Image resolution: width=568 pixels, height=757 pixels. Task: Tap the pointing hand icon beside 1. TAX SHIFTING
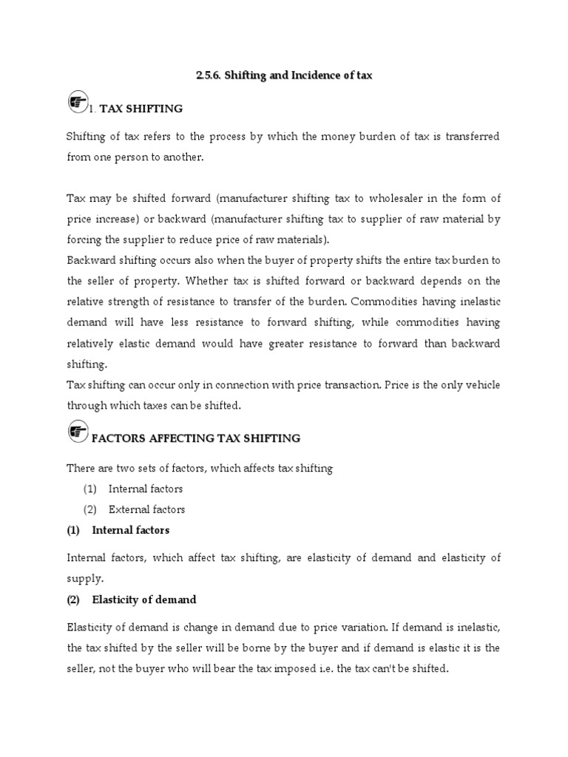[x=76, y=103]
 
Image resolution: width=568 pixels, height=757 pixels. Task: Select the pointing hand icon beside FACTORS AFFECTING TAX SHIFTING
[x=77, y=433]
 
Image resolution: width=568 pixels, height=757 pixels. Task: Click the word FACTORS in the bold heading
[x=116, y=438]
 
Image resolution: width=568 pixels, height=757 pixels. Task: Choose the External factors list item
[x=146, y=509]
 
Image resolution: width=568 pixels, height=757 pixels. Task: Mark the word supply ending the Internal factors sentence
[x=82, y=579]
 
